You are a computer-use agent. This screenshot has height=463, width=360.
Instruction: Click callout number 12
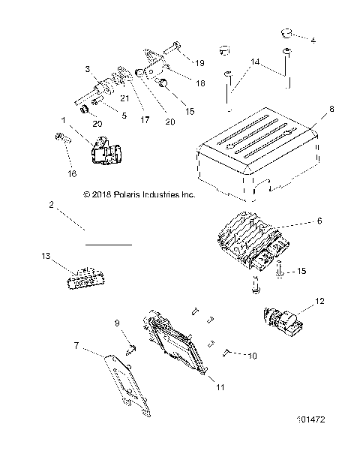click(x=321, y=302)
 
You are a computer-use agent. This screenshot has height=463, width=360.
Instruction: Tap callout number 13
click(x=47, y=256)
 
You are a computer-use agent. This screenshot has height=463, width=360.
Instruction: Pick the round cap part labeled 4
click(x=286, y=34)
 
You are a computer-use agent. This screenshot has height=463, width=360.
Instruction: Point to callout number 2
click(x=52, y=204)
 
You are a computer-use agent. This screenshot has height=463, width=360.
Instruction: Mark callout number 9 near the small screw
click(x=117, y=323)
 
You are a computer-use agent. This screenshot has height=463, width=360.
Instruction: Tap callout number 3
click(x=87, y=68)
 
